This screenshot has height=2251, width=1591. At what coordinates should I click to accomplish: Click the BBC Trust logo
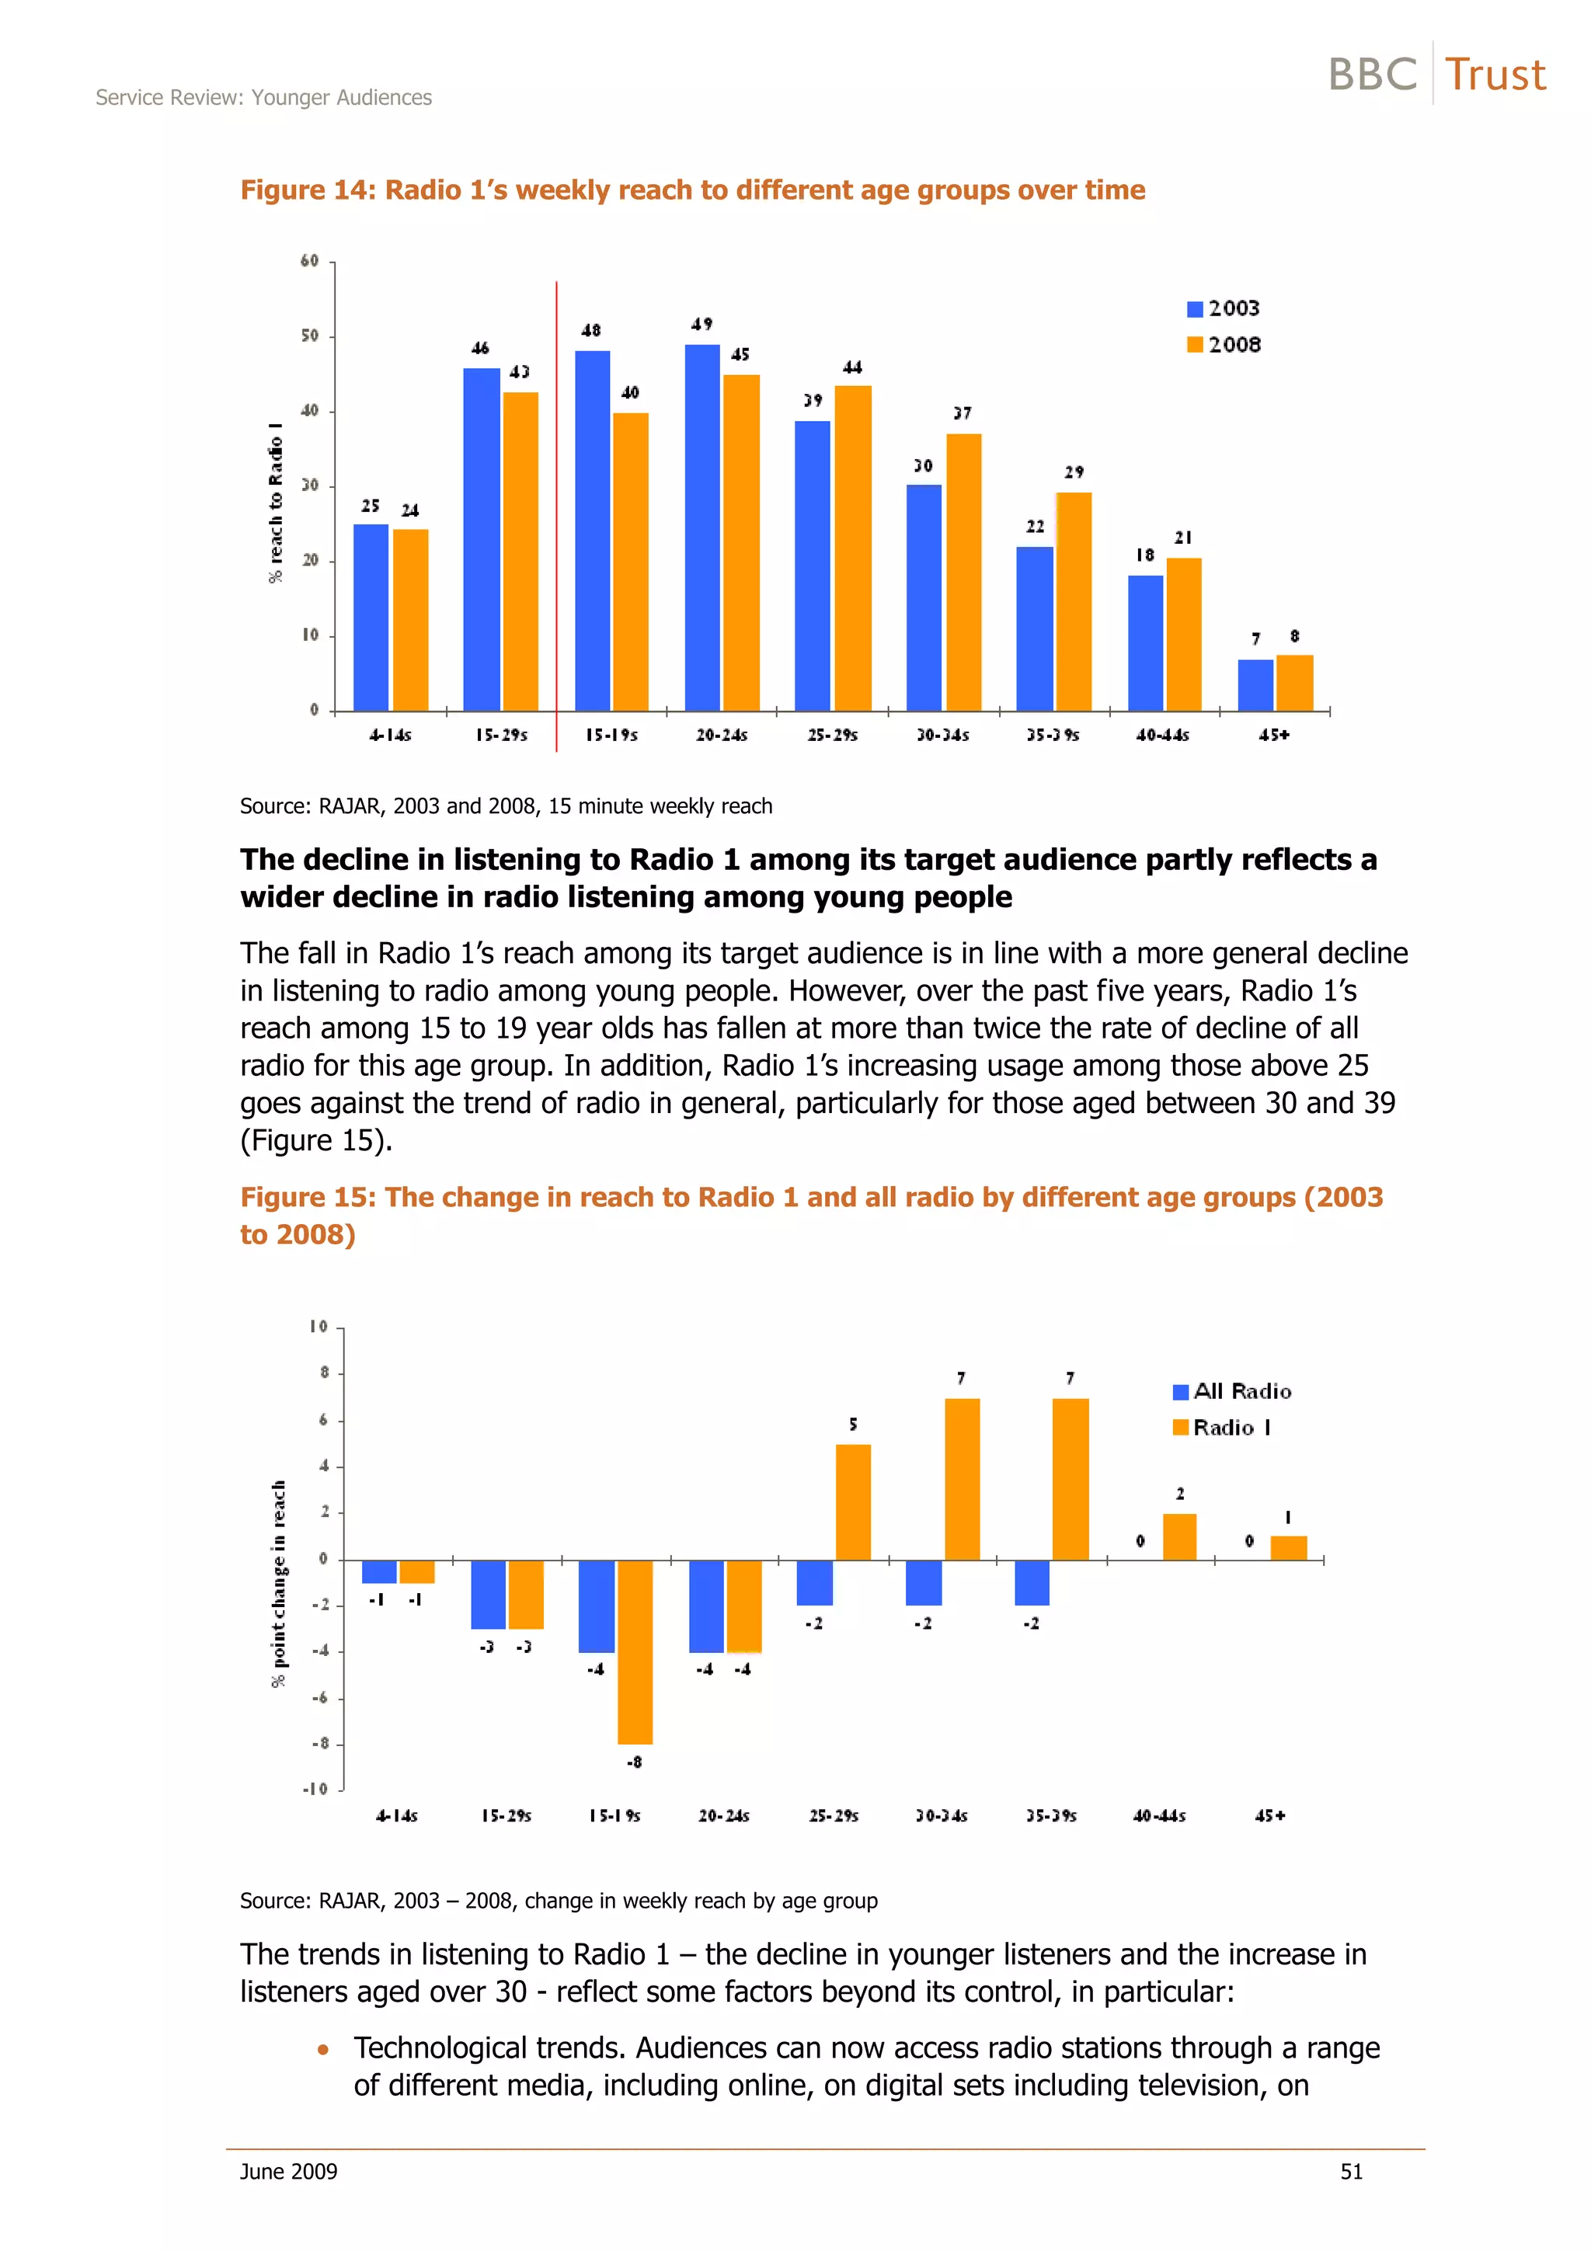[x=1436, y=75]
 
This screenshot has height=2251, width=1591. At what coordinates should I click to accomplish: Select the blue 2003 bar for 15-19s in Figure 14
[x=591, y=531]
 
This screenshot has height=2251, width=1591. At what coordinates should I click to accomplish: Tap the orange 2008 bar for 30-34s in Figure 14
[x=963, y=572]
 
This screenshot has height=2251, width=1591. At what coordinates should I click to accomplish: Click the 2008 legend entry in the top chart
[x=1224, y=344]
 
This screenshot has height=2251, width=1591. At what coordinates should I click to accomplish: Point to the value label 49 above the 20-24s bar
[x=702, y=324]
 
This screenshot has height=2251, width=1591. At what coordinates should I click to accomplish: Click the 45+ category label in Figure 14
[x=1273, y=734]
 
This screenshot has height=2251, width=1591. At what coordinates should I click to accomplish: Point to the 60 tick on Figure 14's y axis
[x=310, y=261]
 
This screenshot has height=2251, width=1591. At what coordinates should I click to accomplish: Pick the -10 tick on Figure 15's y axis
[x=315, y=1790]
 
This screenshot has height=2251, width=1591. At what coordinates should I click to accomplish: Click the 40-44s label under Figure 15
[x=1159, y=1816]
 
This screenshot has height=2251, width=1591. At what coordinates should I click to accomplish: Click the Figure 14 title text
[x=692, y=190]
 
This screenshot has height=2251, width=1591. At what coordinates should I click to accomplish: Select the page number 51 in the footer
[x=1351, y=2172]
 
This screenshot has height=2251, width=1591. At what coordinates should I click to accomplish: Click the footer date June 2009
[x=288, y=2172]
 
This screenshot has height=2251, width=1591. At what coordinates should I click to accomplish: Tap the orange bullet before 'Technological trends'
[x=322, y=2049]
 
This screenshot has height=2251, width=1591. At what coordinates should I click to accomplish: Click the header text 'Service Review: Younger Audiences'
[x=263, y=97]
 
